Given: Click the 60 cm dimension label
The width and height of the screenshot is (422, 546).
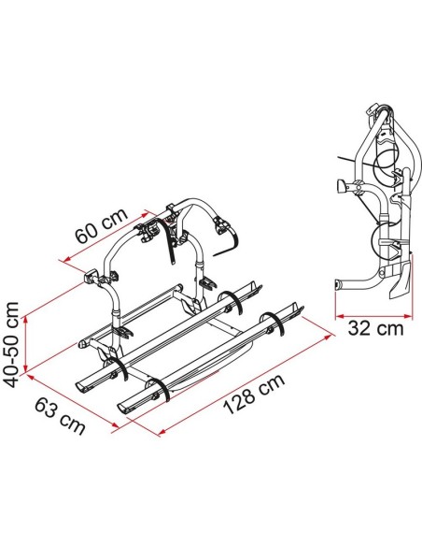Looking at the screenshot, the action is click(x=102, y=226).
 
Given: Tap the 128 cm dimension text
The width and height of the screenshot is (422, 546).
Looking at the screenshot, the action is click(x=254, y=395).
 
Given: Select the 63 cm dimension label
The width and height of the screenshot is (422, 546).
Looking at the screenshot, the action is click(x=60, y=416).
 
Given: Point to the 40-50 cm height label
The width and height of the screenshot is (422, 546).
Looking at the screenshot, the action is click(x=11, y=345).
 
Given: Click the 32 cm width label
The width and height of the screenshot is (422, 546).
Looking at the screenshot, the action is click(x=375, y=328).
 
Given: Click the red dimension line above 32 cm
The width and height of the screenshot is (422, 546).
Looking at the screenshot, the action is click(x=373, y=317).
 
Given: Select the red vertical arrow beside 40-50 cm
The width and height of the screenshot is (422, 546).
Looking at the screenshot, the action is click(x=25, y=345).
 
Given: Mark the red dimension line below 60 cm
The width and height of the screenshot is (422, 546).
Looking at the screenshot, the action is click(x=105, y=236).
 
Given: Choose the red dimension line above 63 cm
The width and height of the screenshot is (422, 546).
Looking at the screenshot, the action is click(x=73, y=400).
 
